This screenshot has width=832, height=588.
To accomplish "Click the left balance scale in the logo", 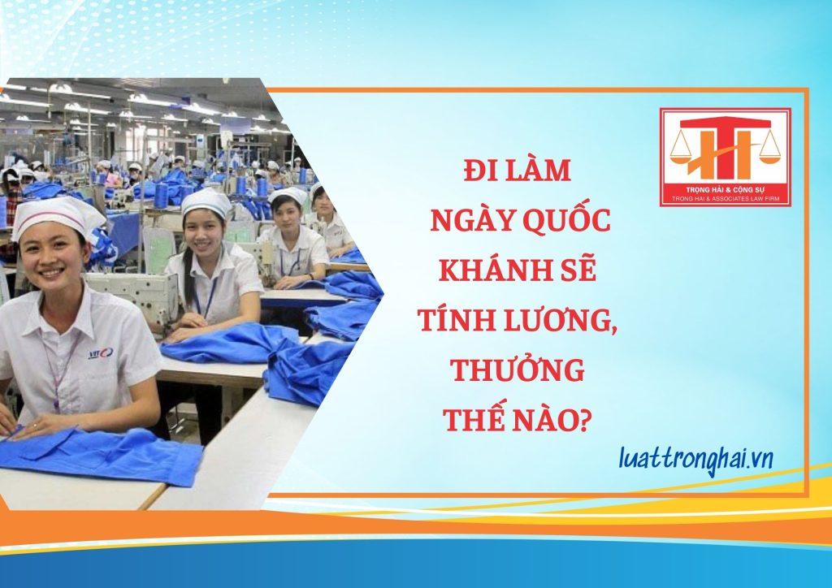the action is pyautogui.click(x=682, y=149).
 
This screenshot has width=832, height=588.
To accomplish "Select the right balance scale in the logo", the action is pyautogui.click(x=769, y=148).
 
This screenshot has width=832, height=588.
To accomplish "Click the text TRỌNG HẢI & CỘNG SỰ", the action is pyautogui.click(x=725, y=190).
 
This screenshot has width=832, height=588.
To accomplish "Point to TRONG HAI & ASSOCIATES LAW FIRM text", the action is pyautogui.click(x=725, y=198).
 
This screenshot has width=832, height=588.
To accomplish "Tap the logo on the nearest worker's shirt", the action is pyautogui.click(x=100, y=352).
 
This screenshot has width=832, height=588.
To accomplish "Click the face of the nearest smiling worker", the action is pyautogui.click(x=53, y=260).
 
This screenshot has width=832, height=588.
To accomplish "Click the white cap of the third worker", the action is pyautogui.click(x=288, y=196).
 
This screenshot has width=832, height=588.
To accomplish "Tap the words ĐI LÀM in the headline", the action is pyautogui.click(x=518, y=171).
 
